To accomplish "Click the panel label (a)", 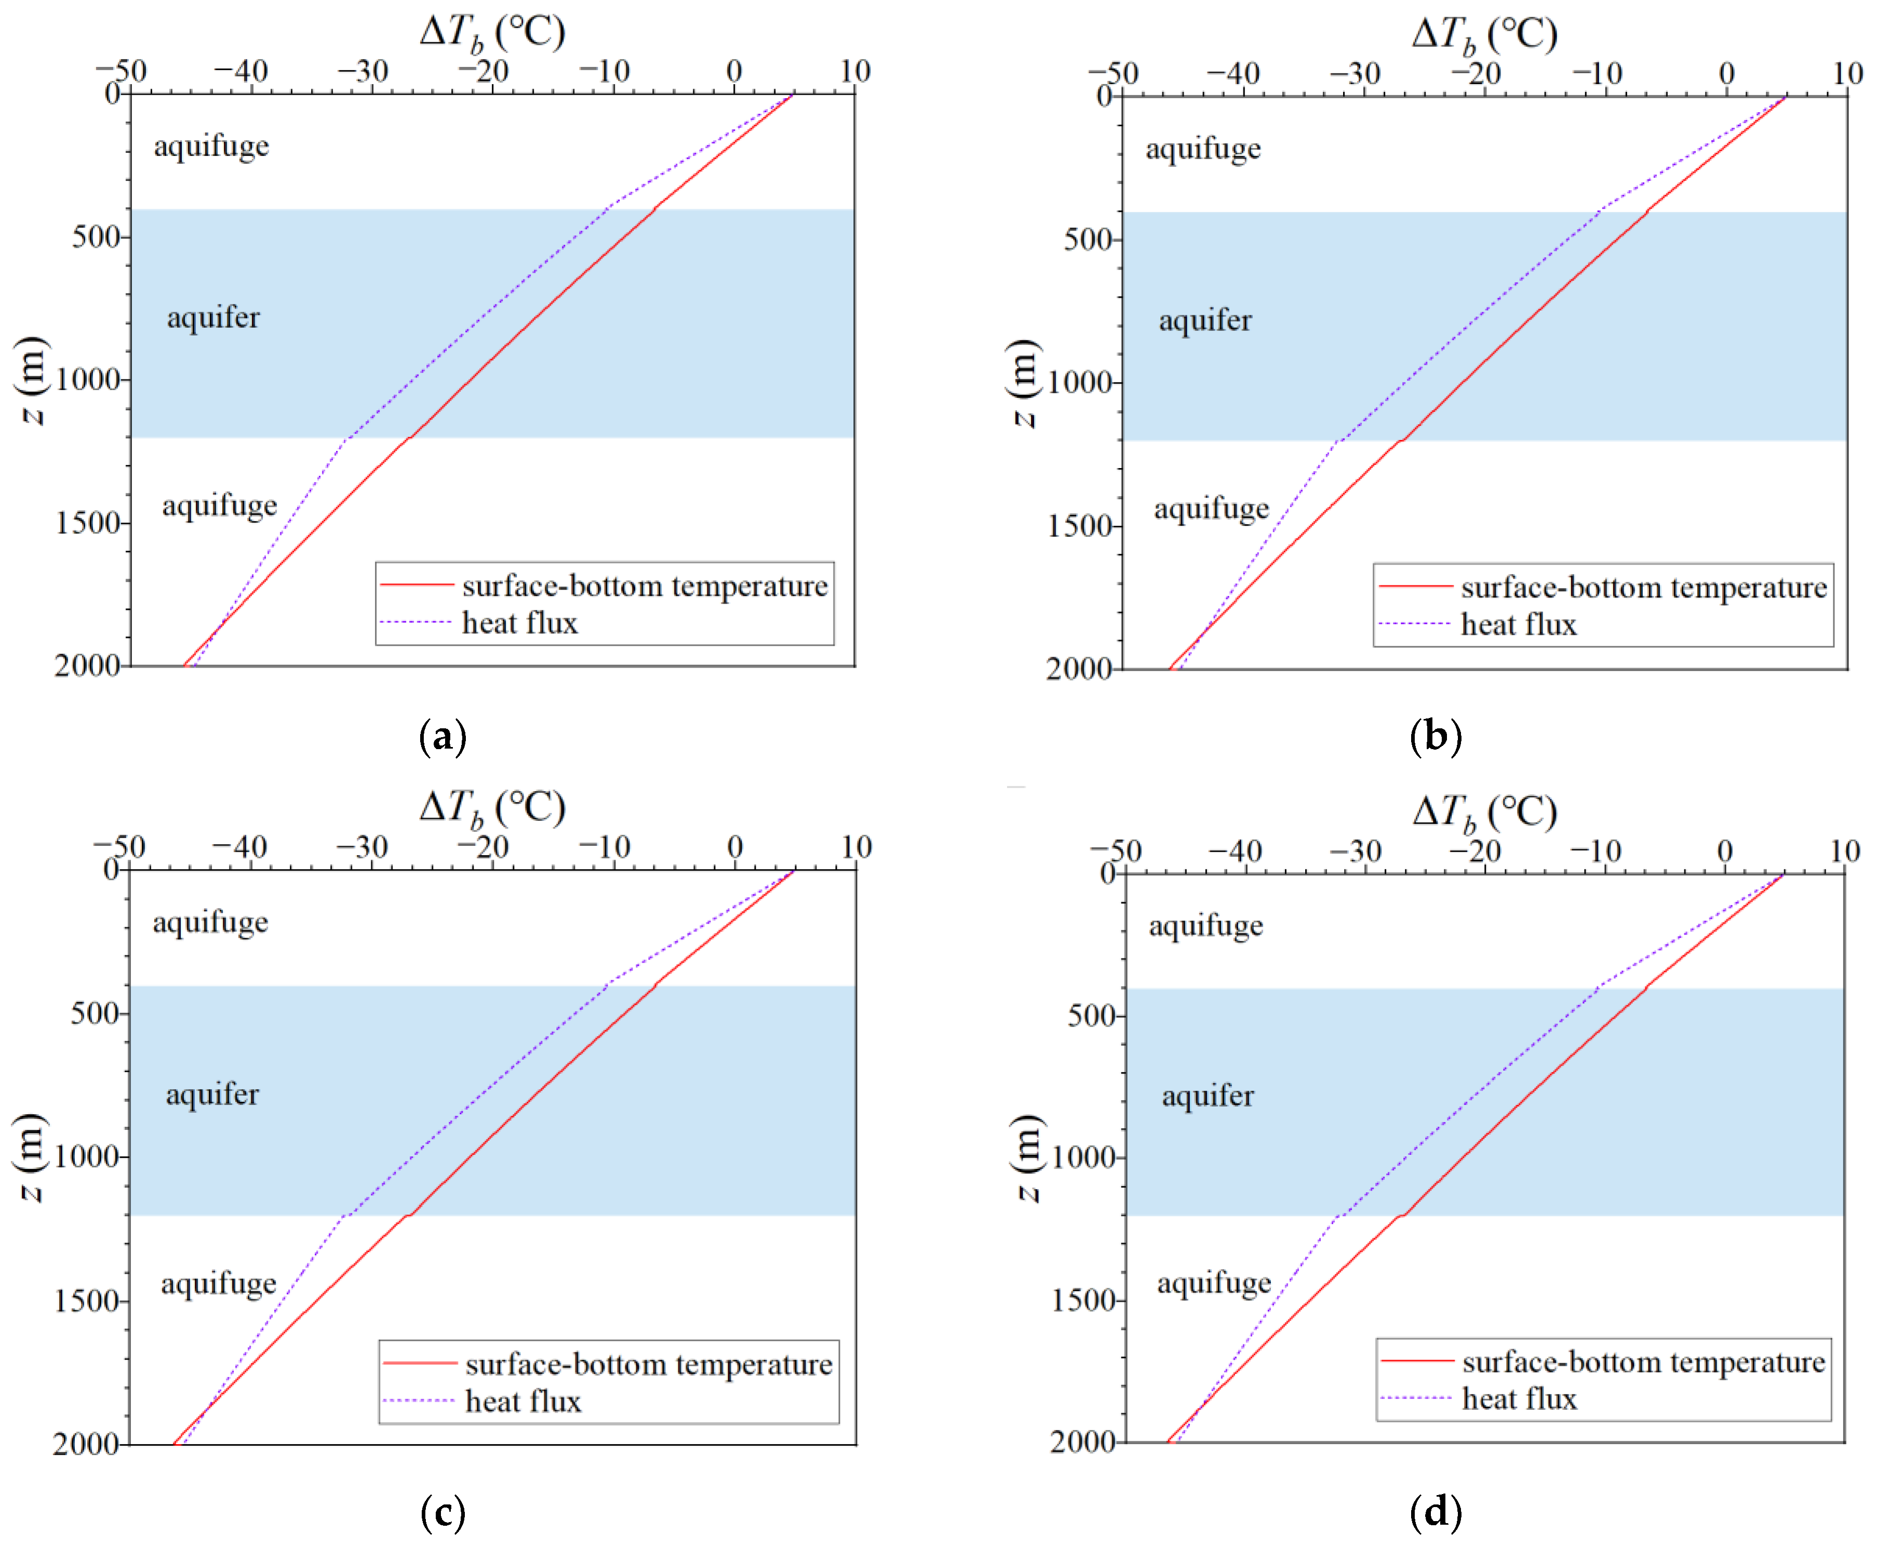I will click(443, 737).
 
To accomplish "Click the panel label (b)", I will click(1436, 737).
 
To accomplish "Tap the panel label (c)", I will click(443, 1512).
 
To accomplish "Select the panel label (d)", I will click(1436, 1512).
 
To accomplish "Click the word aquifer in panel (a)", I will click(213, 318).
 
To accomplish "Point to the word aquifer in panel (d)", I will click(1208, 1096).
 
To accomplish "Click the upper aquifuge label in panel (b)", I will click(1203, 149).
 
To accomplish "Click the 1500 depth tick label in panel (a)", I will click(87, 523).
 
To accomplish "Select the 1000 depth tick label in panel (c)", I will click(86, 1157).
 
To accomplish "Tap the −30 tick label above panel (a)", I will click(363, 71).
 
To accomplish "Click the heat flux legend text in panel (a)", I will click(520, 622).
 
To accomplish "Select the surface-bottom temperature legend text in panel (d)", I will click(1644, 1362).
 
